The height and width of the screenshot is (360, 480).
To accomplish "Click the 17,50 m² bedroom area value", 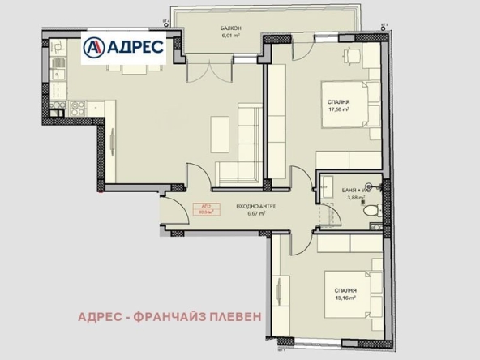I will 339,109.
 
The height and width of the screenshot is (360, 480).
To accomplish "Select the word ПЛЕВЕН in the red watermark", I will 234,316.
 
